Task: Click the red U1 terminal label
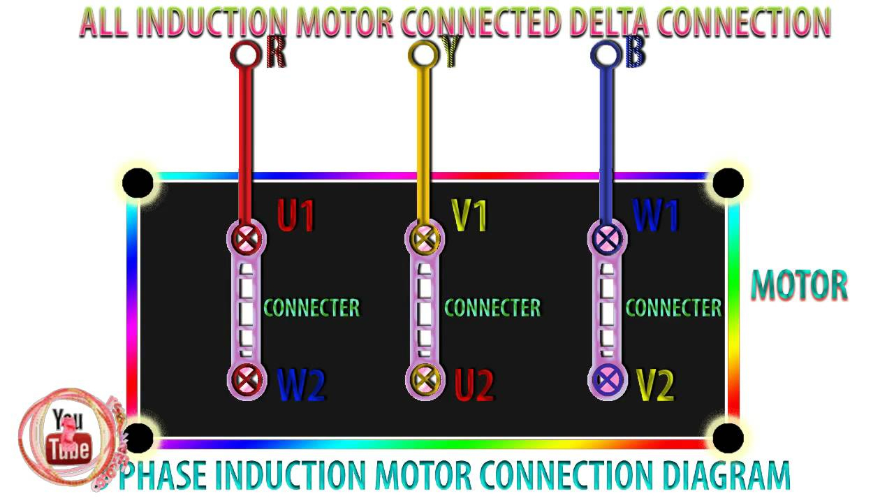[x=295, y=215]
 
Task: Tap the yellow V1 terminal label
[x=469, y=215]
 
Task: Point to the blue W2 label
[x=301, y=384]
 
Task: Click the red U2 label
[x=474, y=384]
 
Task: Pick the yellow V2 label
[x=655, y=384]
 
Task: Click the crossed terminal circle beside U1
[x=247, y=239]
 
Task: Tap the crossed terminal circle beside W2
[x=247, y=380]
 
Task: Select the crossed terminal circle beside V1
[x=423, y=239]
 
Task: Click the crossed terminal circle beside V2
[x=608, y=380]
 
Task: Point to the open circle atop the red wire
[x=244, y=53]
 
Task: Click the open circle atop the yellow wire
[x=422, y=53]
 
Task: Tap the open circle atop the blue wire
[x=605, y=53]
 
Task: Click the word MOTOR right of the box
[x=799, y=285]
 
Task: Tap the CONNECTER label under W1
[x=673, y=307]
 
